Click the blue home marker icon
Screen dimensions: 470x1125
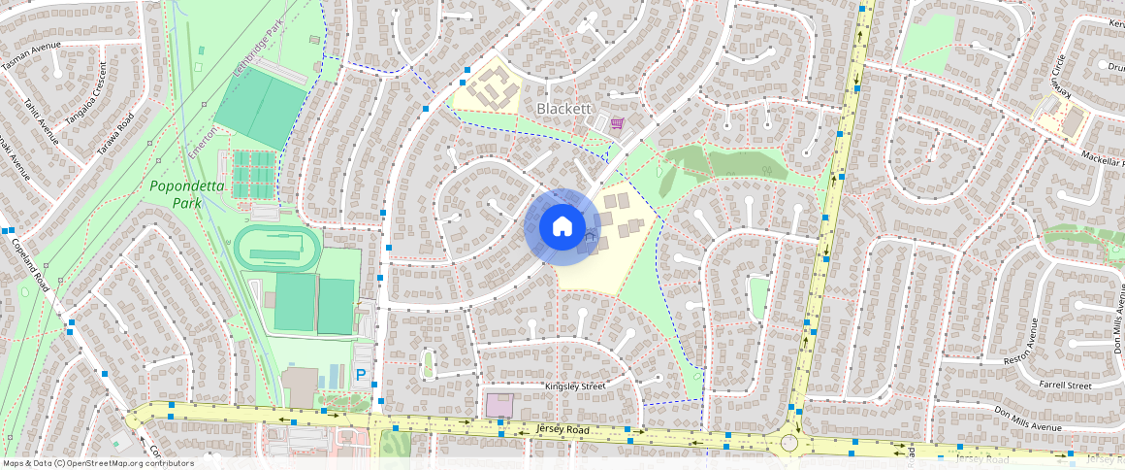[x=562, y=227]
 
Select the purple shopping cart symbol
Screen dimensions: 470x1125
[x=617, y=122]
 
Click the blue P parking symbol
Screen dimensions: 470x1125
[x=361, y=374]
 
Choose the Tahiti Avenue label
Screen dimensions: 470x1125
[x=41, y=124]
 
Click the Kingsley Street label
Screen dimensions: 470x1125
[x=575, y=386]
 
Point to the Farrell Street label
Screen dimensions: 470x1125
[x=1065, y=386]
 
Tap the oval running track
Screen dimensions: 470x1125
[x=276, y=249]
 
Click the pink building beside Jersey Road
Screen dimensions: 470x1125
[x=498, y=405]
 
